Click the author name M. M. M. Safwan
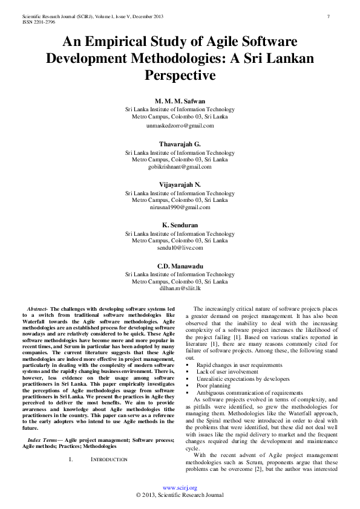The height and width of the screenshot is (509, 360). click(x=180, y=101)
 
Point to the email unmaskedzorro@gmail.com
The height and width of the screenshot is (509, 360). click(x=180, y=126)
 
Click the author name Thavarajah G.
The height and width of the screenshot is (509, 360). click(x=180, y=144)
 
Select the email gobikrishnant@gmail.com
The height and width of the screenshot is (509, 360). click(x=180, y=166)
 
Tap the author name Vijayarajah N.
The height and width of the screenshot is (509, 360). click(x=180, y=184)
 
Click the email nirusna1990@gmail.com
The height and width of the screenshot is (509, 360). click(x=180, y=207)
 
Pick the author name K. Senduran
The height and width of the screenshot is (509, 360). click(x=180, y=225)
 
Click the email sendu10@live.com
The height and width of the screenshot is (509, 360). click(x=180, y=247)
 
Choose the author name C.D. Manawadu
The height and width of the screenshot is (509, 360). click(x=180, y=265)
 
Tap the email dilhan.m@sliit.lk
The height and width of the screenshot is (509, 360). click(x=180, y=288)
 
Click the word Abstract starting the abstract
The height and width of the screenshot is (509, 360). click(x=38, y=309)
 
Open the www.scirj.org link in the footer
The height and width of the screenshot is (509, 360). click(x=180, y=487)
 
